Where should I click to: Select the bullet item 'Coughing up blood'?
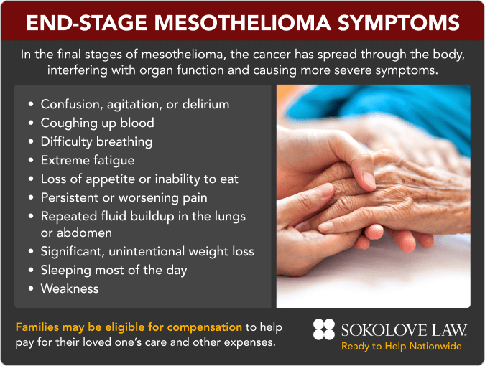97,123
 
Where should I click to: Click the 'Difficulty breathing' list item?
96,141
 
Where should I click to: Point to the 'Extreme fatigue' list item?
87,160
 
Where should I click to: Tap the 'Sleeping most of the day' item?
114,270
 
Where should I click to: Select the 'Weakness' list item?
70,288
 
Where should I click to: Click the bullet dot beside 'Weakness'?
30,289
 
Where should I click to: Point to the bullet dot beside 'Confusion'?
30,105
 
